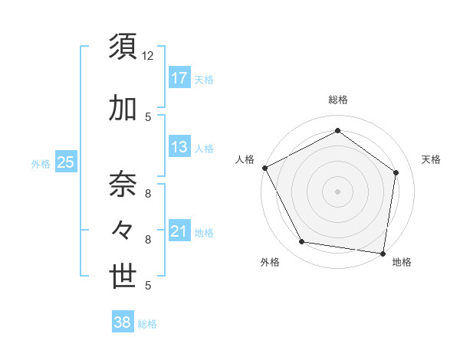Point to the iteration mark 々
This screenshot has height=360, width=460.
(123, 231)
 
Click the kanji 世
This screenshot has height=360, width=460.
(123, 277)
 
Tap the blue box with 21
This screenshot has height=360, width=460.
(179, 231)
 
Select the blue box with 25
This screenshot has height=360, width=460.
(65, 162)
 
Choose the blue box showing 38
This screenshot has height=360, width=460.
(122, 322)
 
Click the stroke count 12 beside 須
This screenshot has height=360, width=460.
(148, 56)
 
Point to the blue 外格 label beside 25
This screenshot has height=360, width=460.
(41, 163)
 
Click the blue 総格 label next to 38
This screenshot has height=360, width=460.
(147, 324)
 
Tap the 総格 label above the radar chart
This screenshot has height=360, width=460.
(337, 100)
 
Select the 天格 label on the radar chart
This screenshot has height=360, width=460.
(431, 159)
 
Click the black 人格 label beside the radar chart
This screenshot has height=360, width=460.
(245, 159)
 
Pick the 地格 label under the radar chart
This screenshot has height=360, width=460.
(402, 262)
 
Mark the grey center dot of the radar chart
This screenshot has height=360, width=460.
(337, 191)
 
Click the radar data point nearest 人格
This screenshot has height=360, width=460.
(264, 168)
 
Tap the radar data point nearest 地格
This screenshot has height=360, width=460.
(383, 253)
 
